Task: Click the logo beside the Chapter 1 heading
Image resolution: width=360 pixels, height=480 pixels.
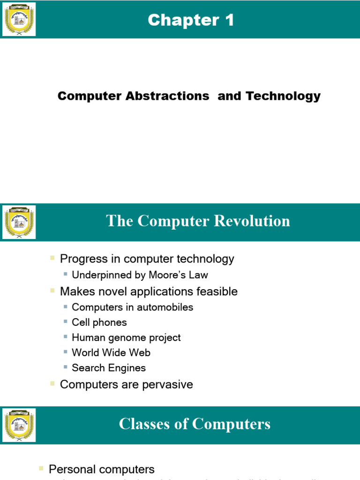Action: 19,19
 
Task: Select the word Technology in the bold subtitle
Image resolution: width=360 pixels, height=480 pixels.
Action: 283,96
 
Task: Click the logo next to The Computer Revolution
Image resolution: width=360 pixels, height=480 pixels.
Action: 19,222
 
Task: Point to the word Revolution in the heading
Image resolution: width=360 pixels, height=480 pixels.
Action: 252,221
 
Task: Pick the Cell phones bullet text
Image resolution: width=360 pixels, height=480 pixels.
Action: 99,322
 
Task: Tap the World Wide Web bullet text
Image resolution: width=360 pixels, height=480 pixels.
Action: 111,352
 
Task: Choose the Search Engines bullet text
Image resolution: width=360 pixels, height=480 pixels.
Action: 109,368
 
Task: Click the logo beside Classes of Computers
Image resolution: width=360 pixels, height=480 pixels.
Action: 19,425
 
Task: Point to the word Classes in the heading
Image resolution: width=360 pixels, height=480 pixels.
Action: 142,424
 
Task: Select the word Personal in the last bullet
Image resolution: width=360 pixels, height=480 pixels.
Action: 70,469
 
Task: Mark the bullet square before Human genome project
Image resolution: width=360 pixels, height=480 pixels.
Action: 66,337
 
